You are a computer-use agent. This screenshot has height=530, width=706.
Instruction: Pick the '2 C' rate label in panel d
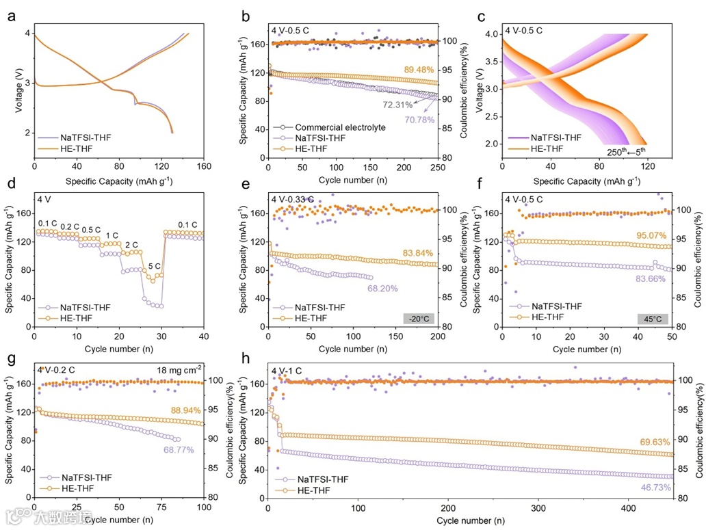click(x=131, y=243)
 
